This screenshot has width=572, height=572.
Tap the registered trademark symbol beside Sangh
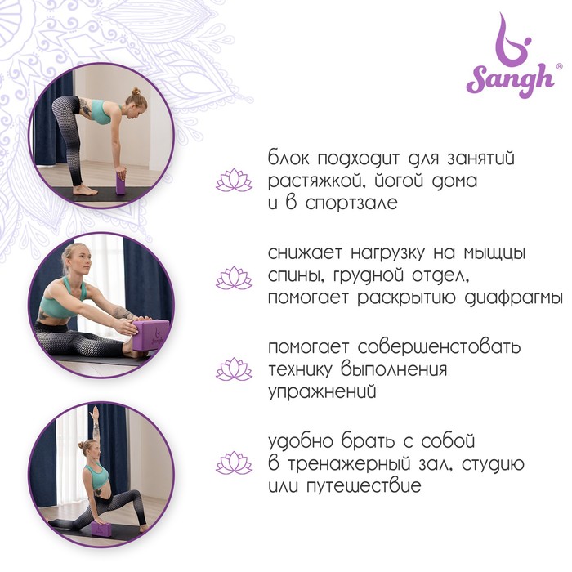click(558, 67)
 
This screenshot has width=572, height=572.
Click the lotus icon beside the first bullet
click(234, 180)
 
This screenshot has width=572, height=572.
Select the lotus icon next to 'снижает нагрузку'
click(234, 278)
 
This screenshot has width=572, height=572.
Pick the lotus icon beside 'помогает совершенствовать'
click(234, 369)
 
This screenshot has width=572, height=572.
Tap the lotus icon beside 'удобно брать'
click(234, 463)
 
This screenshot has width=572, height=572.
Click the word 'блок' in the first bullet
click(288, 158)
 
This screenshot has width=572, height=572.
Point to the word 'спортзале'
click(351, 203)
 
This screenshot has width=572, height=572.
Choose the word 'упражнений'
click(322, 392)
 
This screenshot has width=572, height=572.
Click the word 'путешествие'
click(364, 486)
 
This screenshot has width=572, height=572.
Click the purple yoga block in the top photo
click(121, 183)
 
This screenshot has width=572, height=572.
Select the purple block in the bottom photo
click(101, 529)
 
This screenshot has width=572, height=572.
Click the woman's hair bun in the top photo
click(136, 92)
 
